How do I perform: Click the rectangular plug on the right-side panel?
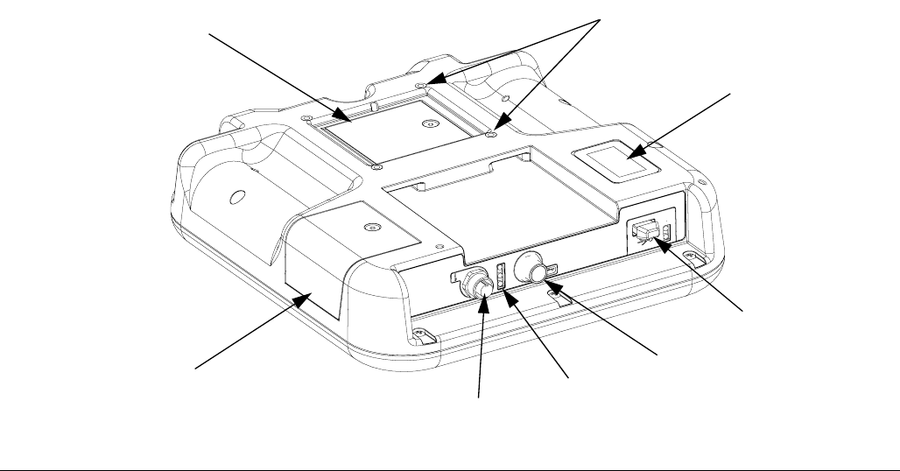pos(644,234)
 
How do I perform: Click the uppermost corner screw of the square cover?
pos(421,85)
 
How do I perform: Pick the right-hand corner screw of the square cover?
pos(492,135)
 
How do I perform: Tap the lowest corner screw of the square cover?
pos(376,167)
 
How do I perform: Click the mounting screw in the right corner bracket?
pos(691,257)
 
